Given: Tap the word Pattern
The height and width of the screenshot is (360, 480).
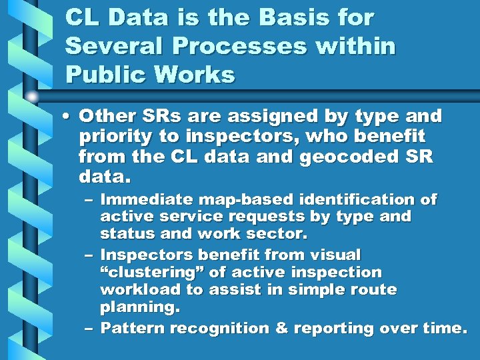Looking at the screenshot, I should [133, 328].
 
